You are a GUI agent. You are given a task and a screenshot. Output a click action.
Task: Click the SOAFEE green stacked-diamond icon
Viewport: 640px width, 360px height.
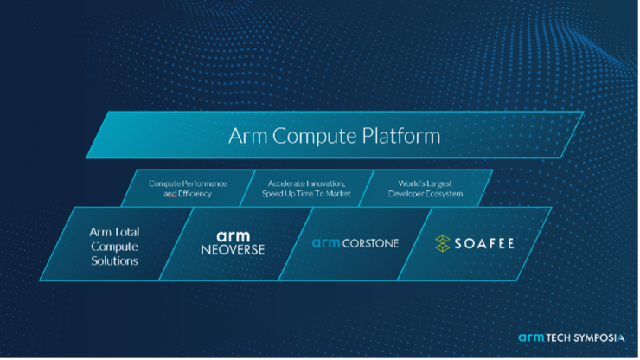point(443,243)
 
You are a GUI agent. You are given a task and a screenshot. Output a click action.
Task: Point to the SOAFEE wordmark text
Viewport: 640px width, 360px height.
point(484,244)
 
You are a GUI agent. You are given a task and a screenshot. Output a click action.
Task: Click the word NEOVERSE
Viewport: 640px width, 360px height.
point(233,250)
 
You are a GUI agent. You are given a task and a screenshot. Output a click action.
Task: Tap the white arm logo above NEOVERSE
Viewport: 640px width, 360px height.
point(233,235)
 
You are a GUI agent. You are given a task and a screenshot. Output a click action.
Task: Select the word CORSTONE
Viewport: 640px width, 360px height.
point(370,243)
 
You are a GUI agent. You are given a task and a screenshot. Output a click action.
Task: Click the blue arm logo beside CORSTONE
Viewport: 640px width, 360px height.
point(326,243)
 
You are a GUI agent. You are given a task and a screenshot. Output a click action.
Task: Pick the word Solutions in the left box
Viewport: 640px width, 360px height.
point(114,261)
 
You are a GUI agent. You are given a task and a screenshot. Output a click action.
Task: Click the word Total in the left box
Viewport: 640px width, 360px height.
point(127,232)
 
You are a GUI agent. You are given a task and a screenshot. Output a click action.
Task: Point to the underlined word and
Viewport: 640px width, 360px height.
point(170,194)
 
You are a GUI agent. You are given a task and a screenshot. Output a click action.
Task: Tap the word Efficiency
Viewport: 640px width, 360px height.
point(195,194)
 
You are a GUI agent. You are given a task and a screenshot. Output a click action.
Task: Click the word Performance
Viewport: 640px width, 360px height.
point(204,183)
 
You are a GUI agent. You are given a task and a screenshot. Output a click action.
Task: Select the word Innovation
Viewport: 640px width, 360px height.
point(325,183)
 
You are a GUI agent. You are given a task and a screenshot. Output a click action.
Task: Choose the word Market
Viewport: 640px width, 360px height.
point(338,194)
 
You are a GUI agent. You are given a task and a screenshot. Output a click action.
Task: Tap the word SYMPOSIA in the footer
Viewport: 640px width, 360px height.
point(598,338)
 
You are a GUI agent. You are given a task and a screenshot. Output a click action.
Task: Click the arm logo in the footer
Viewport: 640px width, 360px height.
point(531,338)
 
